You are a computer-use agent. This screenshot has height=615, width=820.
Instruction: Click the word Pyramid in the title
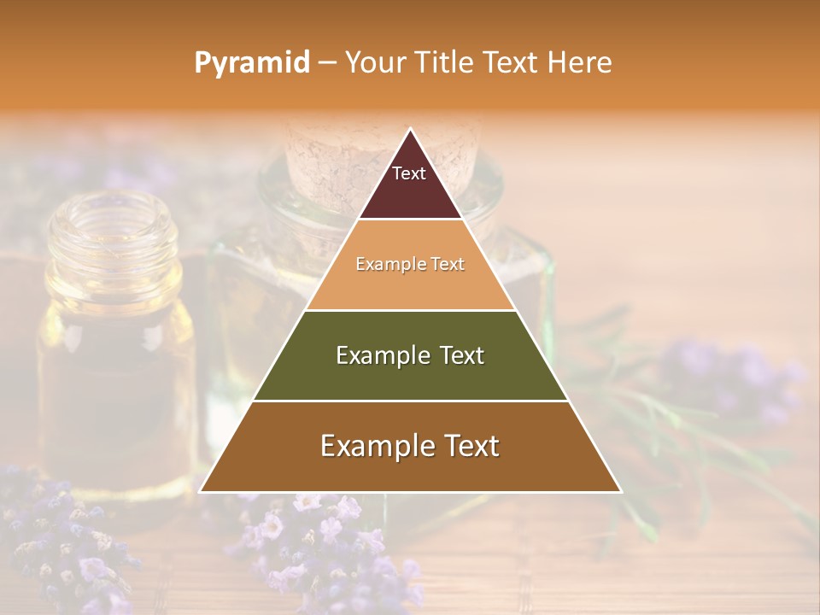251,63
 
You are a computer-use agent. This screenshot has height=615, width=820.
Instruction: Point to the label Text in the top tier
409,173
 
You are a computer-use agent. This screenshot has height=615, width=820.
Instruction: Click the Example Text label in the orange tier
410,264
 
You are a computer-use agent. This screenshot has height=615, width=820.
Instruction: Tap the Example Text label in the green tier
410,355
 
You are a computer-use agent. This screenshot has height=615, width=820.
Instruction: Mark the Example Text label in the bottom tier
410,446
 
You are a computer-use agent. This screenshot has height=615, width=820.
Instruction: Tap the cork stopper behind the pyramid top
325,154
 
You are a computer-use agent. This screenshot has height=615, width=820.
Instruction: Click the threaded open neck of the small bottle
112,226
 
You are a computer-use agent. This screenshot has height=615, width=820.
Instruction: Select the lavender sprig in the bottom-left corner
60,538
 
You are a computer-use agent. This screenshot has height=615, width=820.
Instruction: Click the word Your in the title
376,62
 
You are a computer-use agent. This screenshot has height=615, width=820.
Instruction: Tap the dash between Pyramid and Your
326,63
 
